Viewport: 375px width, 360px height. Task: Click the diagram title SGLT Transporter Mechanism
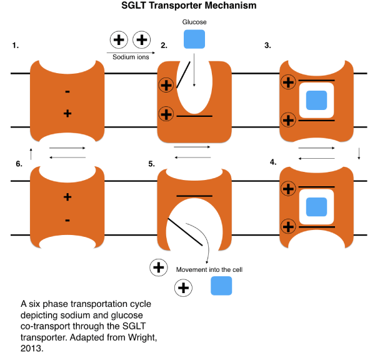188,7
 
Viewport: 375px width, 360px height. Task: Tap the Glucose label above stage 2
194,22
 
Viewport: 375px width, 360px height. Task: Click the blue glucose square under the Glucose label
194,39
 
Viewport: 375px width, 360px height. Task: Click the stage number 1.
15,46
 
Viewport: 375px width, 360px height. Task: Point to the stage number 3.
267,46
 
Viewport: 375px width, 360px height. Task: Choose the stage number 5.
151,164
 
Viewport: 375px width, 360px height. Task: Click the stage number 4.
273,162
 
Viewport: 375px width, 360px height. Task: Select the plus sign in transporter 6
67,197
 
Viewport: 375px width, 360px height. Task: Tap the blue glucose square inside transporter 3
317,100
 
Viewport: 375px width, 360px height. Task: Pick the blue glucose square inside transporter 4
317,206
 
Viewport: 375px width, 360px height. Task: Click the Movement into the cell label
209,269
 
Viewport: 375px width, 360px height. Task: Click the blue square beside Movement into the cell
221,286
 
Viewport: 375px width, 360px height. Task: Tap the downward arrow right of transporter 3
358,153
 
